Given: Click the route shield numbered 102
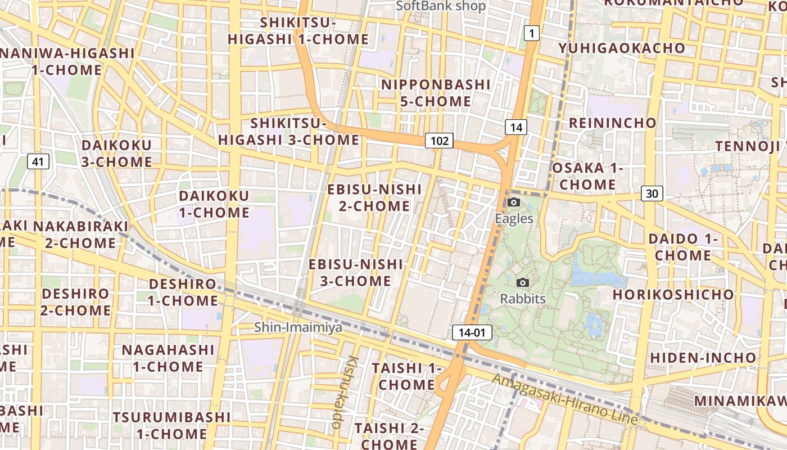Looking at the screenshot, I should point(439,141).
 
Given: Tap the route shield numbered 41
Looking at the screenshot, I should point(38,162).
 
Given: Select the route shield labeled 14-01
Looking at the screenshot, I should point(472,332).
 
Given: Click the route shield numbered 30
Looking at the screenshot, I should point(652,193).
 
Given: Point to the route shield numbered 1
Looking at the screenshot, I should point(531,33).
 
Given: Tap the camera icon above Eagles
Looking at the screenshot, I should point(514,202).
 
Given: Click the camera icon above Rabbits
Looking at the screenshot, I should point(523,283).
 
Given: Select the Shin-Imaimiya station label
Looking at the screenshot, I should point(298,327).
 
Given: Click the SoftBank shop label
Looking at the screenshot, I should point(441,6).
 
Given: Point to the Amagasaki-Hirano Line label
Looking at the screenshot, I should point(565,399).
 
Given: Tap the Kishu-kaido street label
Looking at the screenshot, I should point(345,391).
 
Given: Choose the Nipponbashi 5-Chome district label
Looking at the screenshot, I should point(436,93).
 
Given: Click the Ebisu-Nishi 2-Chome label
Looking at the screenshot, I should point(374,197).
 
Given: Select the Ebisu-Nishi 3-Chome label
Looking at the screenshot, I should point(356,272).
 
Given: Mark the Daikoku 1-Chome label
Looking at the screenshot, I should point(214,204).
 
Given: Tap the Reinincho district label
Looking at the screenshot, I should point(613,123).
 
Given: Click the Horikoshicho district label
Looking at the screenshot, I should point(673,294).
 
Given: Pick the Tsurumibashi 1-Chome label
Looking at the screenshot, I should point(172,425).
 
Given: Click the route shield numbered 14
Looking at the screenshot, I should point(516,127).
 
